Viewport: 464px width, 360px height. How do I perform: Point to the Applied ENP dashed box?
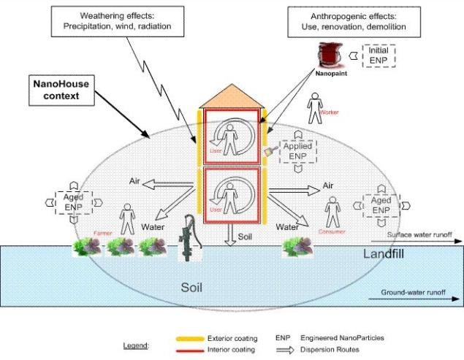point(298,151)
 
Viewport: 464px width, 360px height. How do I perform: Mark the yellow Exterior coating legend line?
point(199,338)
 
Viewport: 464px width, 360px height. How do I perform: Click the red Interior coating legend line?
point(199,350)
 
